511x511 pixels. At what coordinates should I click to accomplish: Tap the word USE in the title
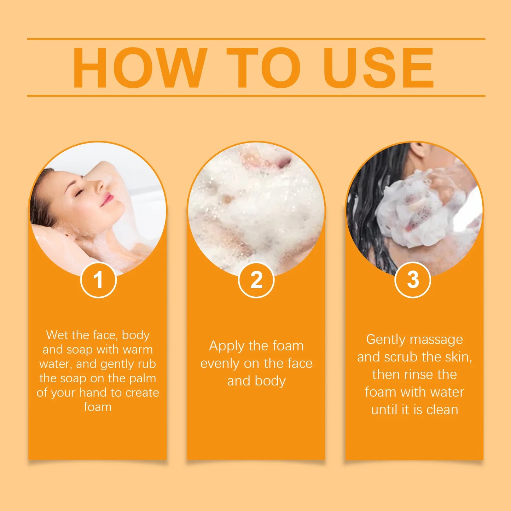378,68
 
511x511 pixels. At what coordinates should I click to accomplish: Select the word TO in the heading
263,68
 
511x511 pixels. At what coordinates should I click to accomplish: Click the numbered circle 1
98,280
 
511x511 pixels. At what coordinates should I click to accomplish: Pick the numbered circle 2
256,280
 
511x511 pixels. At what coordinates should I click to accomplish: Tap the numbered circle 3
412,280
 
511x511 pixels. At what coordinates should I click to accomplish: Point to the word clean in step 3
442,410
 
